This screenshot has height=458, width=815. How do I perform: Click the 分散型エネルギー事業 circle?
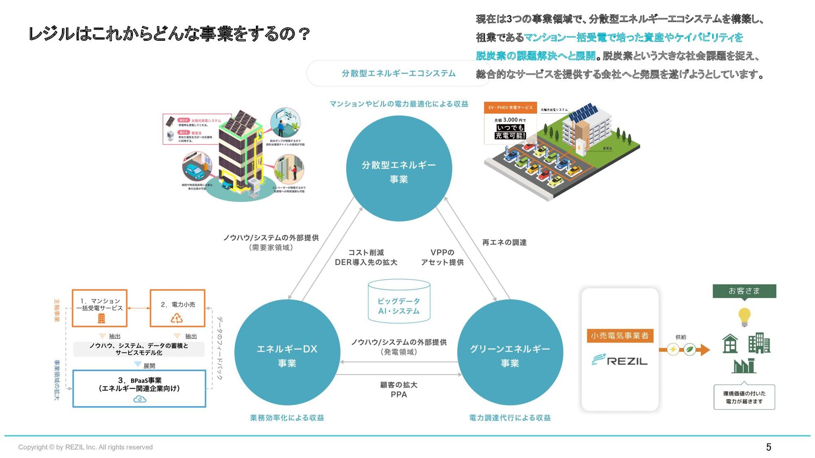pos(399,168)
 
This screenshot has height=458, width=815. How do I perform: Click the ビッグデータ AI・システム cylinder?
pos(399,302)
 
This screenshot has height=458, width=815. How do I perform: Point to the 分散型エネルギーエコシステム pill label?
pos(398,73)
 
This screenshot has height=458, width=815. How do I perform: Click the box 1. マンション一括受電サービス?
pos(100,308)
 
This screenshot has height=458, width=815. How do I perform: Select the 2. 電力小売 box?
pos(177,308)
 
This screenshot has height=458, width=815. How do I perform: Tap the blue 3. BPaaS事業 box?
pos(139,388)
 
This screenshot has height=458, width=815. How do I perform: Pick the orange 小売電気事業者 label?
pos(620,336)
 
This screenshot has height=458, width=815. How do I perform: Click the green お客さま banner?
pos(744,291)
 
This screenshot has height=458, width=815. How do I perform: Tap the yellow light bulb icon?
pos(744,317)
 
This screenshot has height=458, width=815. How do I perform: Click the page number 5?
pos(768,447)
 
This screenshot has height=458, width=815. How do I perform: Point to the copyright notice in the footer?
pos(85,447)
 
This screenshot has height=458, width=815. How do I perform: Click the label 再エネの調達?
pos(504,243)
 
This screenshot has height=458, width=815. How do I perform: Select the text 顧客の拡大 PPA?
pos(399,390)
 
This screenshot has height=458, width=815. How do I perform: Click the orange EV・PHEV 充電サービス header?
pos(510,108)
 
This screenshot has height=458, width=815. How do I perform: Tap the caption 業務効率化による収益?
pos(287,418)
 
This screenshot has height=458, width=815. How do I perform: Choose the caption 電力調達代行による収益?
pos(510,418)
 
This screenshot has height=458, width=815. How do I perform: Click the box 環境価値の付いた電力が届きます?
pos(744,397)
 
